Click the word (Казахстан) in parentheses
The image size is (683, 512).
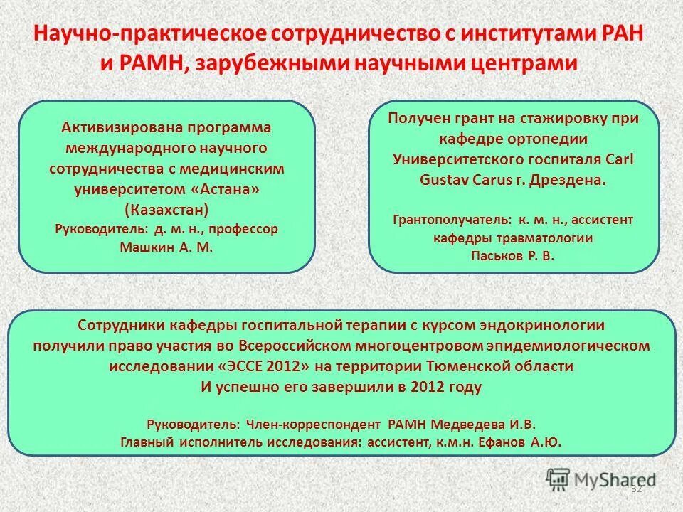coord(166,209)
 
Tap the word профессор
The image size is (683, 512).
coord(246,229)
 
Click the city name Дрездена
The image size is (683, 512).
coord(571,179)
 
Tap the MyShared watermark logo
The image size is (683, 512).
coord(601,478)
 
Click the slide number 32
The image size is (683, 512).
coord(636,489)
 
